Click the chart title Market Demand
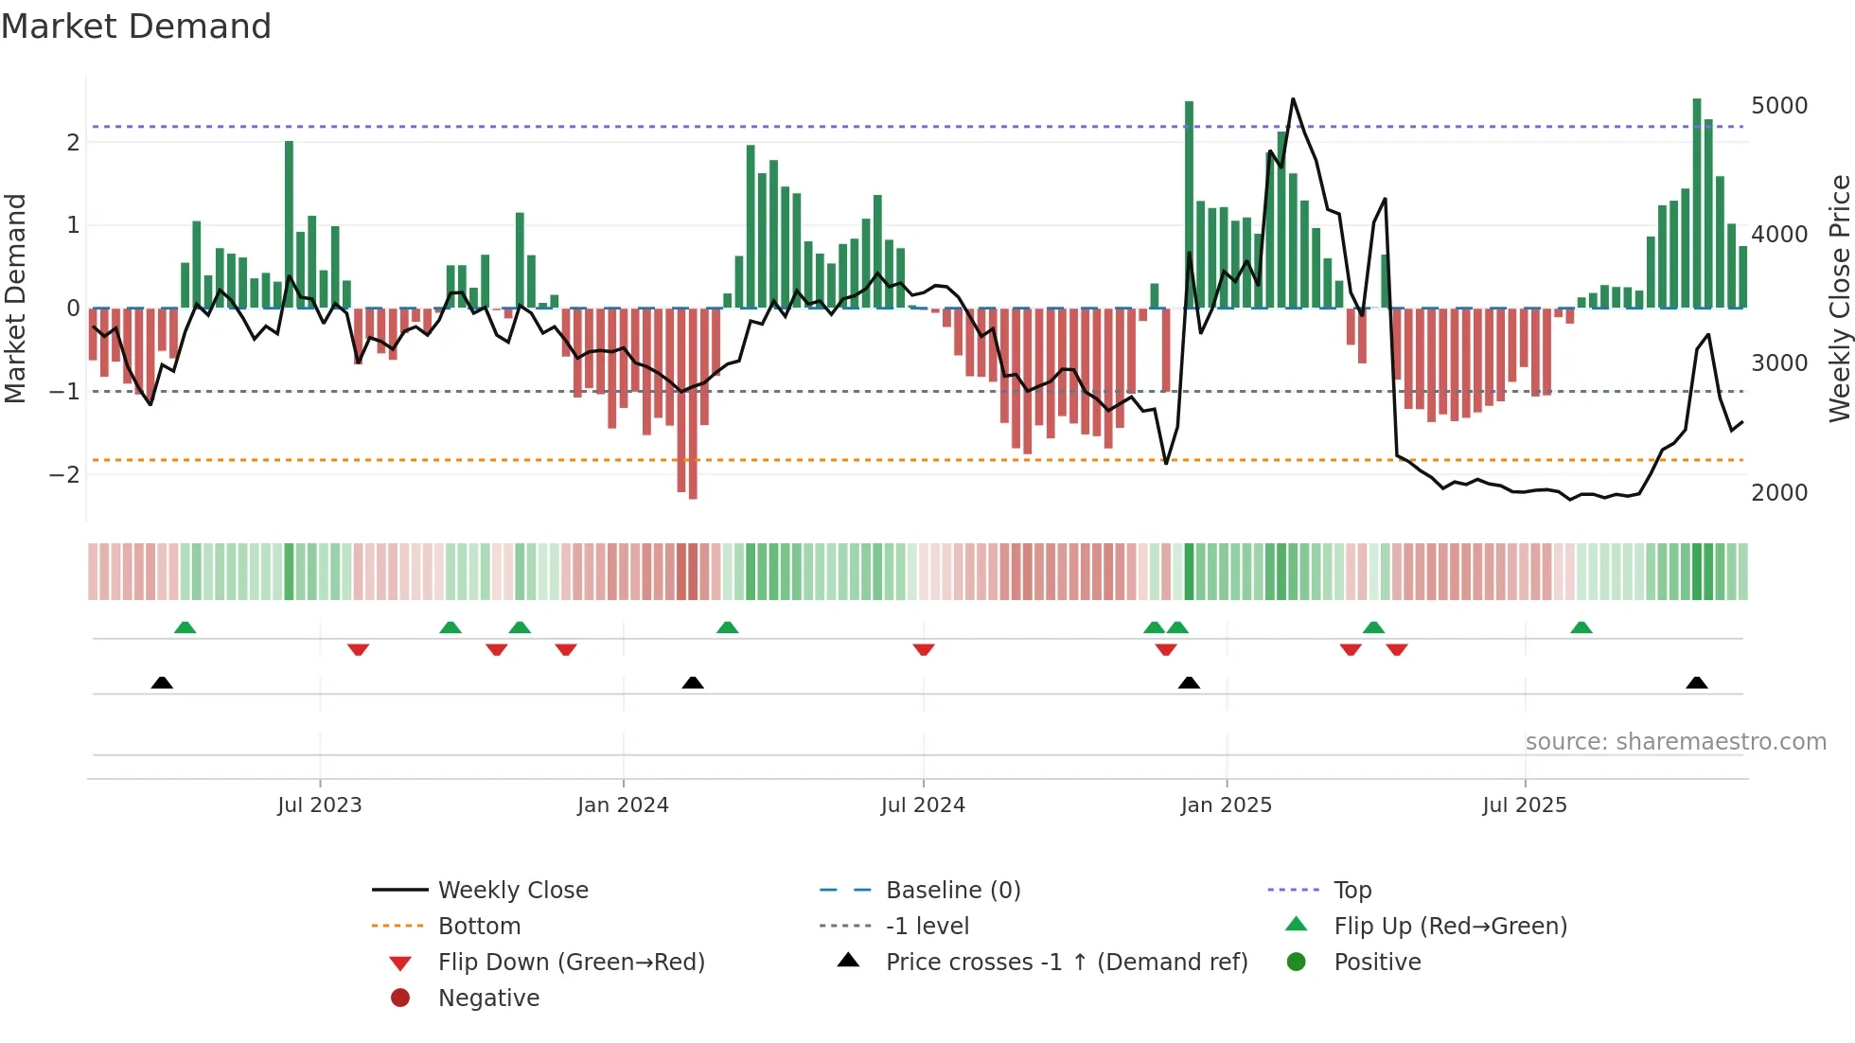click(136, 27)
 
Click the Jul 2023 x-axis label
click(319, 805)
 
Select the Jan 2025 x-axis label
click(1226, 805)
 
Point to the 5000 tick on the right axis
click(1778, 106)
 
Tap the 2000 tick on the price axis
click(1778, 493)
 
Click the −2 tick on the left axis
click(64, 475)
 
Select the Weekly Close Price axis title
click(1839, 298)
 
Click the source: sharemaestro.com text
click(1675, 742)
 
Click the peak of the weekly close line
click(1293, 99)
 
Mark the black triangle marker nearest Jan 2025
click(1189, 682)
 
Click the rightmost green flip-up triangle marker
click(1581, 628)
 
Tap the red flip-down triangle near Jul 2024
click(924, 649)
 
